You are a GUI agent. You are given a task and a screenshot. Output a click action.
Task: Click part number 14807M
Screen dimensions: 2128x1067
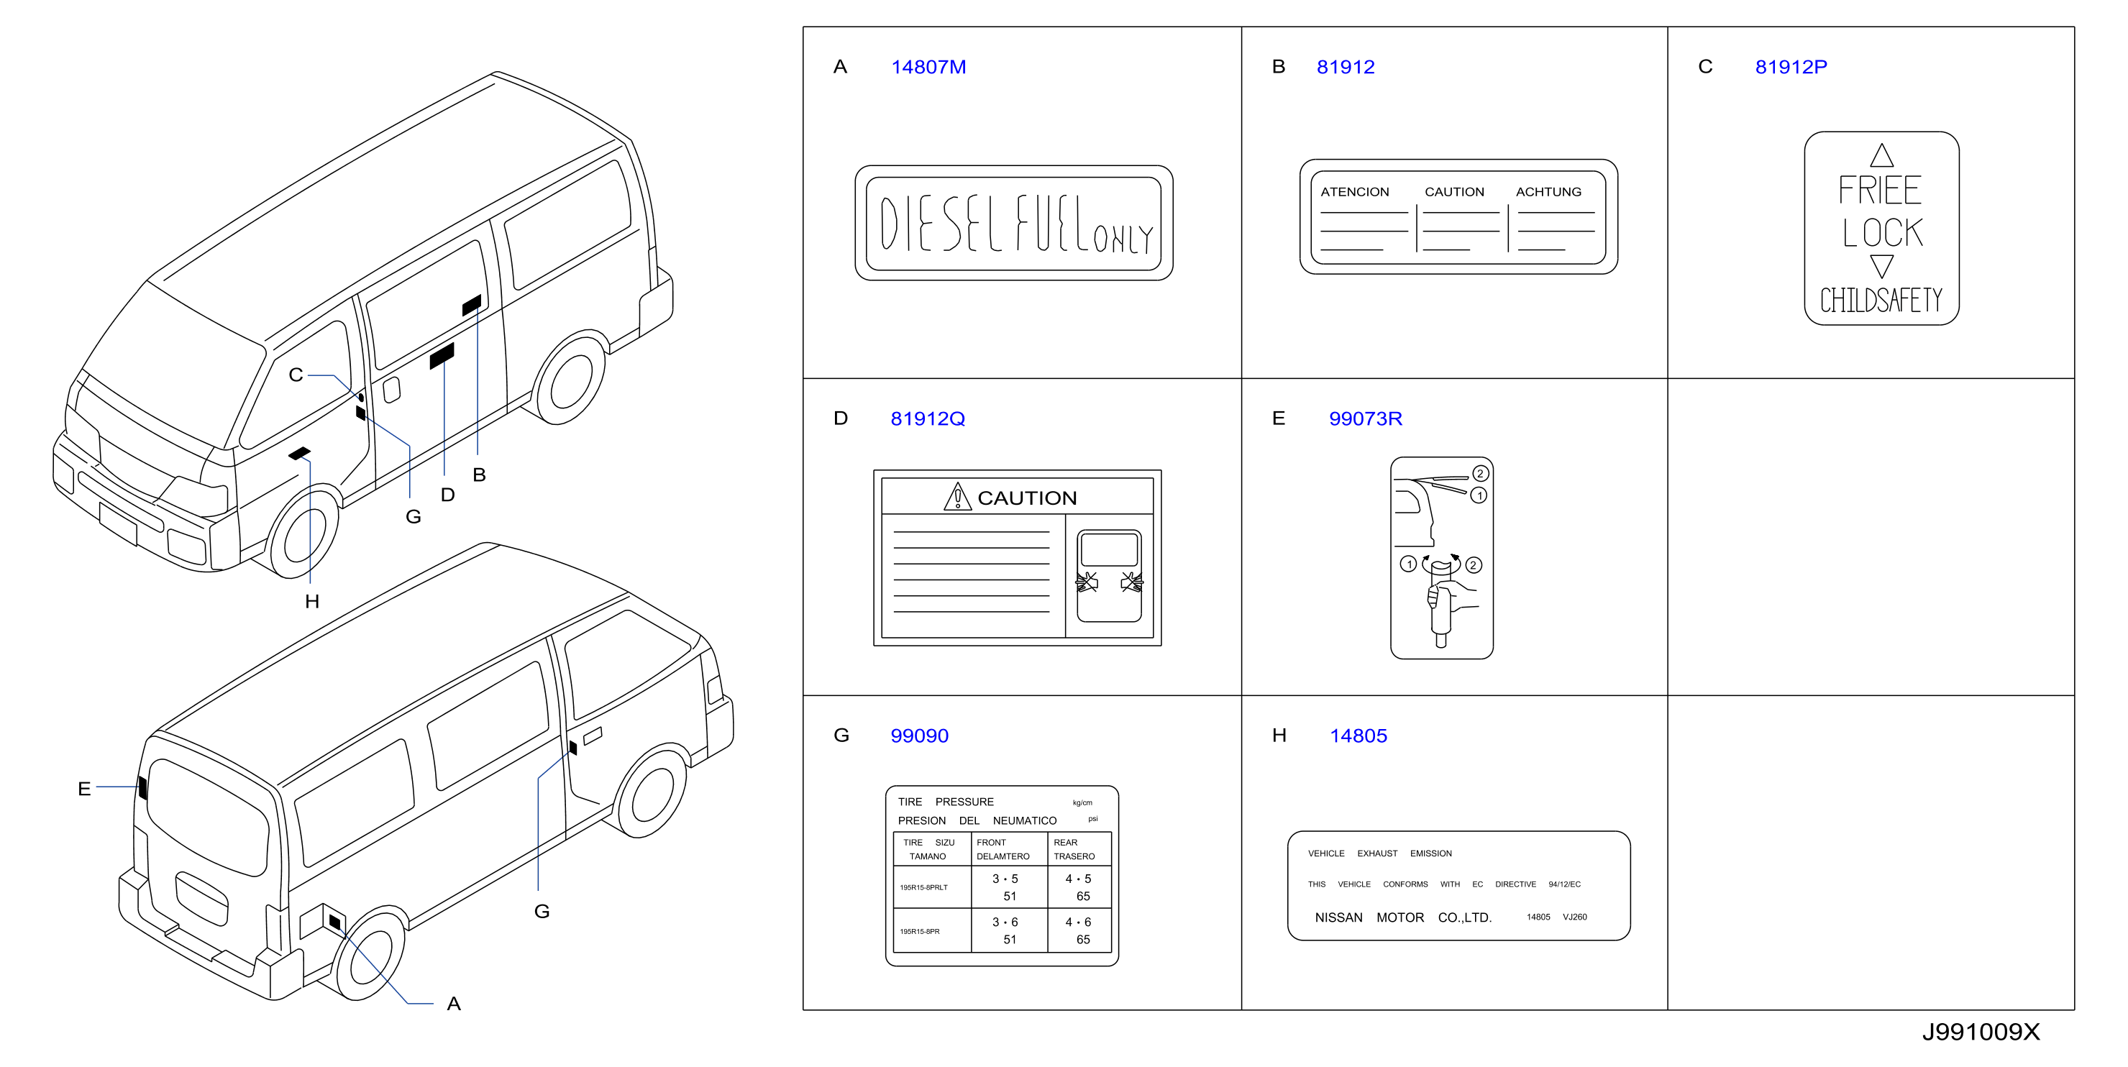(928, 67)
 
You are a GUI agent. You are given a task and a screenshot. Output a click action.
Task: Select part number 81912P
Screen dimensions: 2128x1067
(1790, 67)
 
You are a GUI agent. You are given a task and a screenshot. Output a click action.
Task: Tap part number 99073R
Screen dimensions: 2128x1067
(1365, 418)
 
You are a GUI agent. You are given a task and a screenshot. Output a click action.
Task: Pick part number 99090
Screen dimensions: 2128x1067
(918, 736)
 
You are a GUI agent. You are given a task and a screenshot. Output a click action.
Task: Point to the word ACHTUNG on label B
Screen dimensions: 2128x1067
(1548, 191)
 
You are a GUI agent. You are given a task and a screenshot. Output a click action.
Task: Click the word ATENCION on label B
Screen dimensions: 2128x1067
(1354, 191)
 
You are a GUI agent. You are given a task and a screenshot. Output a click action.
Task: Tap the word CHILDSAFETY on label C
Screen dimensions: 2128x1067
(1881, 300)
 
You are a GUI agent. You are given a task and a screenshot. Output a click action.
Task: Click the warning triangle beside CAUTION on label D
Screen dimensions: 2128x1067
(957, 497)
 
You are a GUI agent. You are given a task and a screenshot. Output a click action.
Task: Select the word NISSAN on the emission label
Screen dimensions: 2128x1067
(1338, 917)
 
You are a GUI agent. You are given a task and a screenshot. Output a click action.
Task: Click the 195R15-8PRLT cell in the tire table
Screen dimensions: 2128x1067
(923, 888)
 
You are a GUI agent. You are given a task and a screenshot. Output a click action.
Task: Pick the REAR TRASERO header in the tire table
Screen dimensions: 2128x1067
(1074, 849)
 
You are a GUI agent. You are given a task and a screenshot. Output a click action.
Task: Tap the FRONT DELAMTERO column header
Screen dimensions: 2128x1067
(1003, 849)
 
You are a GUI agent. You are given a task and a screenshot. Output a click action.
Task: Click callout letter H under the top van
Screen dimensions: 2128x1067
(311, 601)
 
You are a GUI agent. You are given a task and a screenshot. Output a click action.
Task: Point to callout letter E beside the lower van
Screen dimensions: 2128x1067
(84, 789)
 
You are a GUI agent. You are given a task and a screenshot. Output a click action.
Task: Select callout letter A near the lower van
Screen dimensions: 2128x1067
(454, 1004)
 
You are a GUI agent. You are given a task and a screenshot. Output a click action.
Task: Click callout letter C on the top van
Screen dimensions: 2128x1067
(296, 375)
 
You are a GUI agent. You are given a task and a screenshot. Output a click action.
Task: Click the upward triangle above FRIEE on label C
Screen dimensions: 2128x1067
(1881, 155)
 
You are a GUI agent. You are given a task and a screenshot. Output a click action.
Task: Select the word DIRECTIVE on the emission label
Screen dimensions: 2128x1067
(1515, 884)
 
